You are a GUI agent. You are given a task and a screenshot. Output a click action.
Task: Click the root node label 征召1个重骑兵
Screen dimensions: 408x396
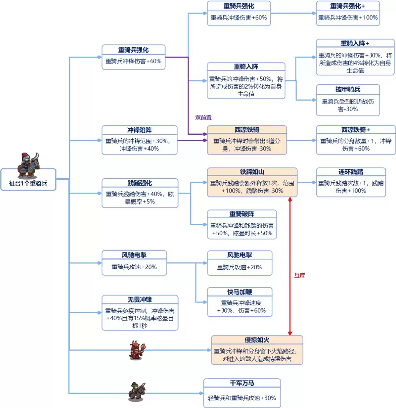(28, 184)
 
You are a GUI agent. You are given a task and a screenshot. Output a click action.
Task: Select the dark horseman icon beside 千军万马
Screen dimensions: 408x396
(136, 392)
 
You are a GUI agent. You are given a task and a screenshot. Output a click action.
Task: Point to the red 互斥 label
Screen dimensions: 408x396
(300, 276)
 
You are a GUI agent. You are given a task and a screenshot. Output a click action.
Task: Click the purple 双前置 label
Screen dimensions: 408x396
(203, 117)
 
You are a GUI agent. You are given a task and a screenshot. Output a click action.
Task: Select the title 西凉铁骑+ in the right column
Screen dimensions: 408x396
(355, 130)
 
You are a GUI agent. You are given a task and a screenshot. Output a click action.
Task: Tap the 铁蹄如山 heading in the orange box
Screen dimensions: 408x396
(252, 172)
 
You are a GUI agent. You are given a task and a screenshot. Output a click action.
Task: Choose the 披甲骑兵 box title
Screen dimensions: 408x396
(348, 89)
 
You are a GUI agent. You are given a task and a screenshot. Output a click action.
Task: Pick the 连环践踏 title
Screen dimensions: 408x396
(351, 172)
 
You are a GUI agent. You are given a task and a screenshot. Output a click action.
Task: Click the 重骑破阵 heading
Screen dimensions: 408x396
(242, 214)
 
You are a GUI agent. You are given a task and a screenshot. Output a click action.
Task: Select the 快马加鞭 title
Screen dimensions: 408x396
(239, 292)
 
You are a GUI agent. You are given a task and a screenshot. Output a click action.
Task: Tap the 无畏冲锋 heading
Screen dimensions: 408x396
(140, 300)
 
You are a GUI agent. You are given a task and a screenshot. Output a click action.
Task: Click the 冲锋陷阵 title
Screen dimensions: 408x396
(139, 130)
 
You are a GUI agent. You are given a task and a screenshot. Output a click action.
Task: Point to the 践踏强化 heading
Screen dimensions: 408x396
(140, 183)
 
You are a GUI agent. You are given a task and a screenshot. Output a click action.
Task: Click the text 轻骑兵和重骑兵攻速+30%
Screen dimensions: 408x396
(242, 398)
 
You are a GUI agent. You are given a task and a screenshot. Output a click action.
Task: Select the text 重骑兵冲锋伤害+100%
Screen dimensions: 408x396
(348, 17)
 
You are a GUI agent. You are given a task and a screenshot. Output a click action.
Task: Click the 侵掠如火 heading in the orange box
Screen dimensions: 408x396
(257, 340)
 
